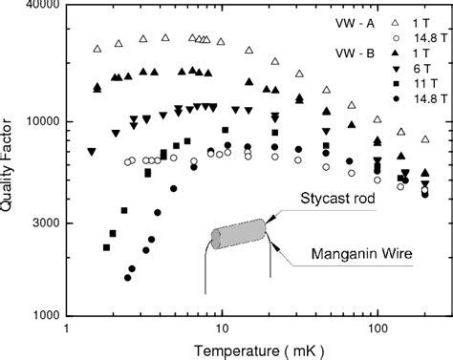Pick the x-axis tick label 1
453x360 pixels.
[x=65, y=328]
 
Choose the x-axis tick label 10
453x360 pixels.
[x=222, y=328]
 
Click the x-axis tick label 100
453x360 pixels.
[x=377, y=328]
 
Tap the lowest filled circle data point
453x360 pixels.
[x=127, y=277]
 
